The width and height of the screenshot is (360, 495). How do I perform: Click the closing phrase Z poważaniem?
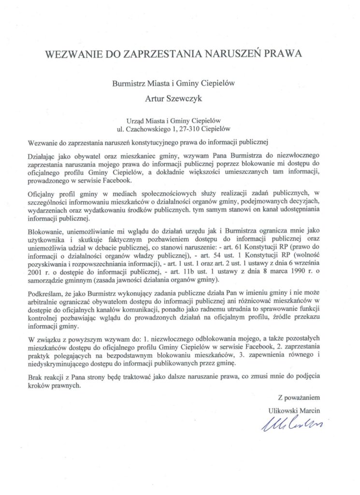point(299,398)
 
